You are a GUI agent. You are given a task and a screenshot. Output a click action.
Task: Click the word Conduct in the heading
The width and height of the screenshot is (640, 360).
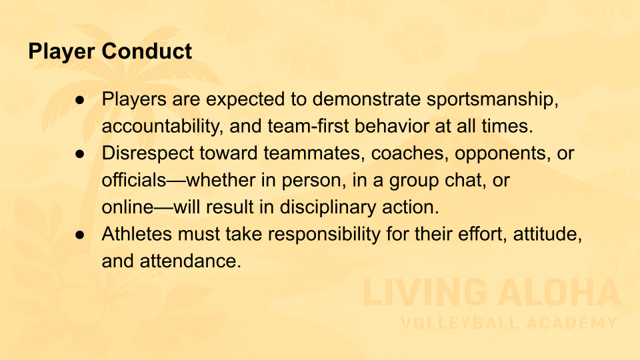pos(147,51)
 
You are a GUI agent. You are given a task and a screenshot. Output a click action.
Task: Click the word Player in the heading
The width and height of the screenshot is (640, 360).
pos(61,52)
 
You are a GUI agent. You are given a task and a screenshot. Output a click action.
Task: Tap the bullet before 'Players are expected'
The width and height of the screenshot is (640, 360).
pos(80,100)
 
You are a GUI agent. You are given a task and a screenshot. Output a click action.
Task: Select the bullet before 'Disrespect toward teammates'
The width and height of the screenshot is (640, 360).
pos(80,154)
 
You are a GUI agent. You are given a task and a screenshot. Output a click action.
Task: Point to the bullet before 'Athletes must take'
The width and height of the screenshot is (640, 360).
pos(80,235)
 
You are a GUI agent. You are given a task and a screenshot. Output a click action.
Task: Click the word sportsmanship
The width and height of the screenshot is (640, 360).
pos(492,100)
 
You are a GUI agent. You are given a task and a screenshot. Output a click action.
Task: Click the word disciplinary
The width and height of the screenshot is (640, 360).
pos(327,208)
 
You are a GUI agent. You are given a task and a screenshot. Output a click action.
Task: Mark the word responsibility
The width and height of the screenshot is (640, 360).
pos(324,235)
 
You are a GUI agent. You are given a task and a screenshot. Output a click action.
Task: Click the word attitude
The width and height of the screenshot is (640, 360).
pos(547,235)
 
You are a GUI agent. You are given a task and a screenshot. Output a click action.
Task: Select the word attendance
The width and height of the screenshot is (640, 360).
pos(191,261)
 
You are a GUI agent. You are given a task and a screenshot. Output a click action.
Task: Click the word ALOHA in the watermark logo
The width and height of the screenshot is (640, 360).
pos(559,293)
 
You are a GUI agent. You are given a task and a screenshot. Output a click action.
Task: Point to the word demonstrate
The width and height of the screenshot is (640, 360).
pos(367,99)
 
